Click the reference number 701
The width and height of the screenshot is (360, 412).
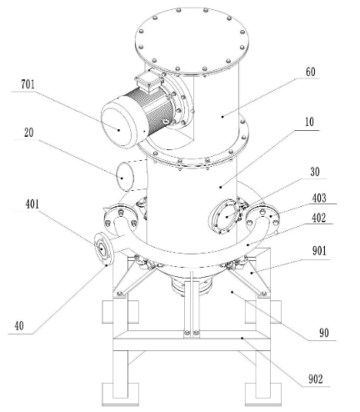pos(28,84)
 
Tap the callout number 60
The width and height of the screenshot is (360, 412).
pos(311,72)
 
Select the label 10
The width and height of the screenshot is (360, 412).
pos(309,122)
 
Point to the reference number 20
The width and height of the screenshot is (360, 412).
pos(28,133)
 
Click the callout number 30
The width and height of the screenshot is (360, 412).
pos(315,172)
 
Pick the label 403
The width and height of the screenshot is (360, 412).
pos(319,198)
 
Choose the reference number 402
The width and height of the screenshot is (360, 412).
pos(318,218)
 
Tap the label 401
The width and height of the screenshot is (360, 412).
pos(32,204)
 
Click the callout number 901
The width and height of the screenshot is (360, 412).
pos(319,251)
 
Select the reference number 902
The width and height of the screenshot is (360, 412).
pos(316,379)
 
